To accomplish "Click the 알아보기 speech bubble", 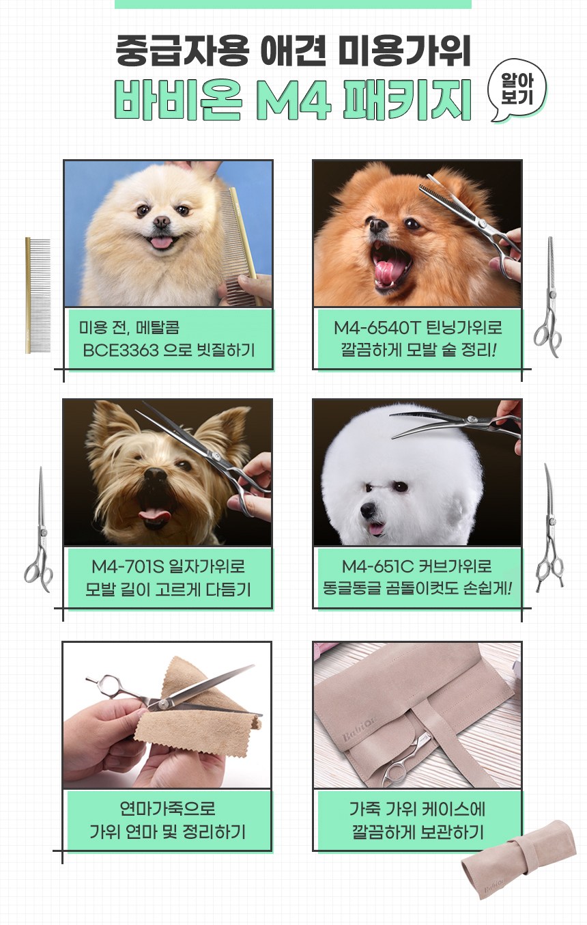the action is (517, 89).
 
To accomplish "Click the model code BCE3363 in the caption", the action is (121, 350).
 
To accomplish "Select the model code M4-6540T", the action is (377, 328).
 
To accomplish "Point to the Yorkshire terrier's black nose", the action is (156, 475).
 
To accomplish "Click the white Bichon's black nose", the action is (367, 510).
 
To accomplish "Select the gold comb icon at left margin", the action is (38, 295).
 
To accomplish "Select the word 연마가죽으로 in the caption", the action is (167, 809).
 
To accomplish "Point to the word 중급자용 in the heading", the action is (182, 51).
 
